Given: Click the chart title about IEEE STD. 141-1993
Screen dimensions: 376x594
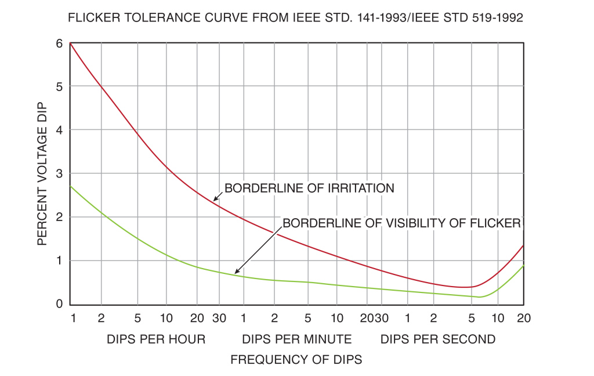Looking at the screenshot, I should click(x=296, y=18).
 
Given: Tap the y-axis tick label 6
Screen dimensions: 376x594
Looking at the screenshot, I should click(x=59, y=43).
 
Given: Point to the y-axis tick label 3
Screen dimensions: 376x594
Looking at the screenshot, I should click(x=59, y=173).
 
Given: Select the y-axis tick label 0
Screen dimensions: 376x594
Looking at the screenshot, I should click(x=59, y=304).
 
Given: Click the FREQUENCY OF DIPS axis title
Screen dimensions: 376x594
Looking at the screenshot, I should click(x=296, y=360).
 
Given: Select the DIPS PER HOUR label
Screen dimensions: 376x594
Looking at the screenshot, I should click(x=156, y=339).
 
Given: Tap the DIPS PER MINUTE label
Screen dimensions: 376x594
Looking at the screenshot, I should click(x=296, y=339).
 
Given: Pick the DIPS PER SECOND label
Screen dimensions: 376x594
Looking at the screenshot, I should click(x=438, y=339).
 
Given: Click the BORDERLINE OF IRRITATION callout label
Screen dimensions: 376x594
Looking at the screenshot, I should click(x=309, y=188).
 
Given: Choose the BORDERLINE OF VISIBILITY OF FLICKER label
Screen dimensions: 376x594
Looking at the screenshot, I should click(x=402, y=223).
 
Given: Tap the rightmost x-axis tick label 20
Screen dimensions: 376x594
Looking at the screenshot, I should click(x=524, y=318).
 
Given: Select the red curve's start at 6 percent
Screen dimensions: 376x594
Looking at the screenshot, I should click(x=70, y=42).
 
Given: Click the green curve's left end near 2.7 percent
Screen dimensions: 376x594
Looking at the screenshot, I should click(x=70, y=186).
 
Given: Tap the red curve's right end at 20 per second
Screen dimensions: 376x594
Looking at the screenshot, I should click(x=524, y=245).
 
